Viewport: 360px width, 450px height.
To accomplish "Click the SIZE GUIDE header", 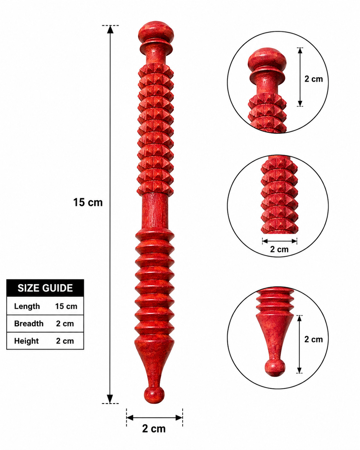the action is pyautogui.click(x=45, y=288).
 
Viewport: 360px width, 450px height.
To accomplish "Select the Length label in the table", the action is pyautogui.click(x=27, y=306).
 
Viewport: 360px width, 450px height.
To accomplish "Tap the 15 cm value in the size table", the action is pyautogui.click(x=66, y=306).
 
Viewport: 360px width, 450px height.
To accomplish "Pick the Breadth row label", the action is pyautogui.click(x=29, y=324).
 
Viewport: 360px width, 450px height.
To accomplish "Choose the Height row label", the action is pyautogui.click(x=27, y=341).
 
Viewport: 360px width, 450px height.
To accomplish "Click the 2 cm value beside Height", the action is pyautogui.click(x=65, y=341).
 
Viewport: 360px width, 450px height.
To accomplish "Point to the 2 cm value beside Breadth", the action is pyautogui.click(x=65, y=324).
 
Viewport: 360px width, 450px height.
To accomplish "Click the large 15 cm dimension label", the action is pyautogui.click(x=88, y=203).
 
